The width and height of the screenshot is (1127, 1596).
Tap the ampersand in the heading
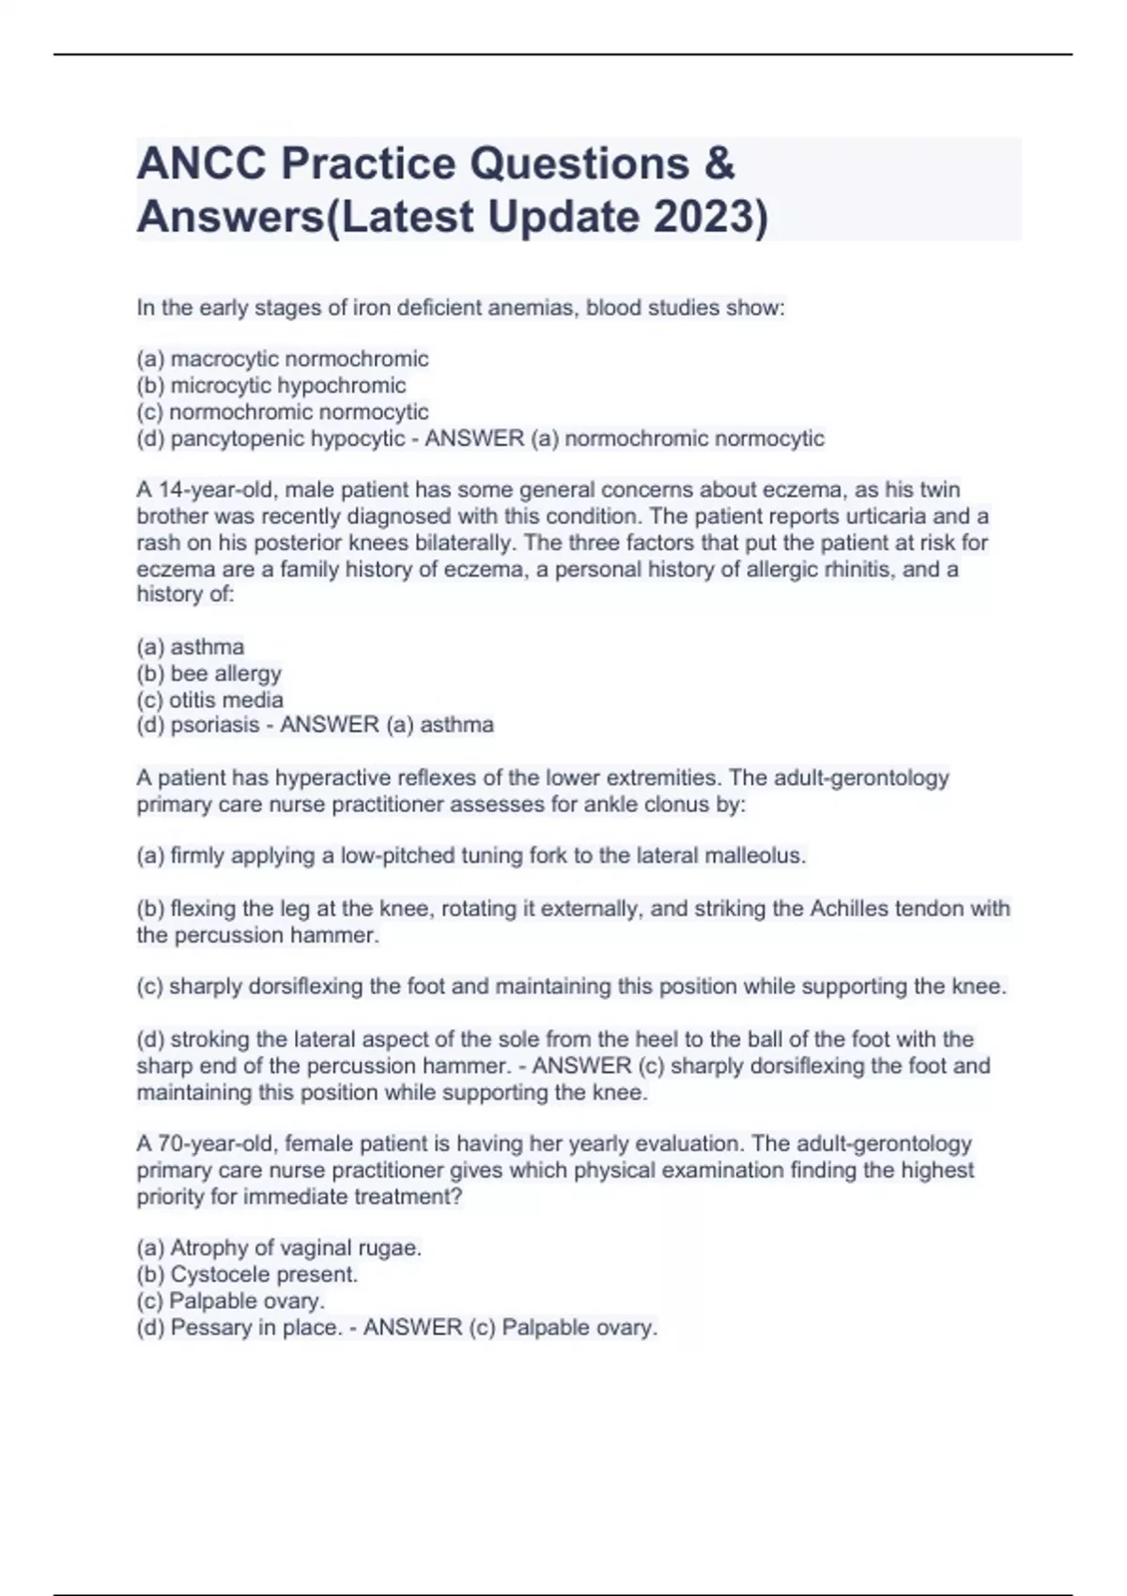718,163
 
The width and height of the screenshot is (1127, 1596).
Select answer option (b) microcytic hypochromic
271,385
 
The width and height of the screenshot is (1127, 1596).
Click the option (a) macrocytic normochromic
283,359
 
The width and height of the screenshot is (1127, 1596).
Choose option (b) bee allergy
209,673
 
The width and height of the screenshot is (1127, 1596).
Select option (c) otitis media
210,699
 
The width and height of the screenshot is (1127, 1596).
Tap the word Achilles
849,908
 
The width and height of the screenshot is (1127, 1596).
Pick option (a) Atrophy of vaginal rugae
279,1248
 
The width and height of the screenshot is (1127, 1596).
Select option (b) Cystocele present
247,1274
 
